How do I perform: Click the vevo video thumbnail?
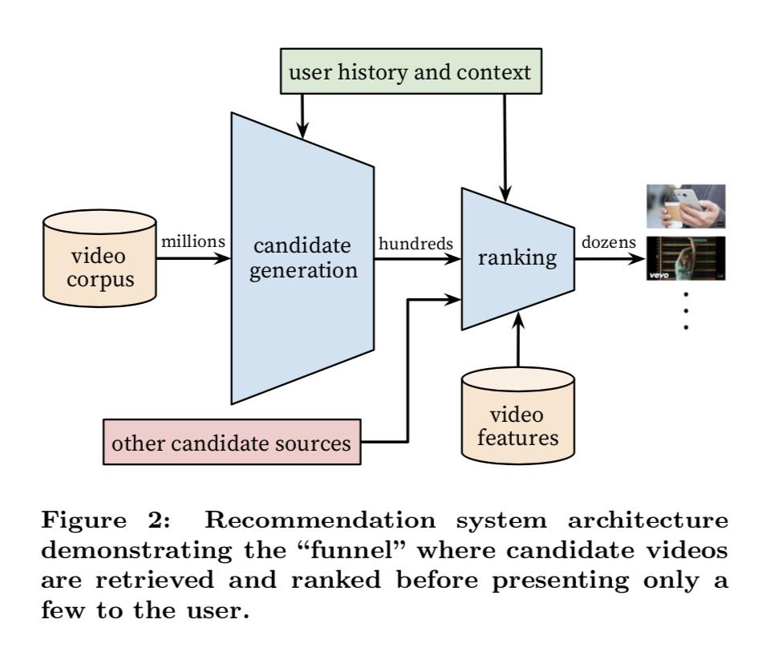686,258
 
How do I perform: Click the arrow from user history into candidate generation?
302,112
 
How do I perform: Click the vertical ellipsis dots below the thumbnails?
686,311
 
